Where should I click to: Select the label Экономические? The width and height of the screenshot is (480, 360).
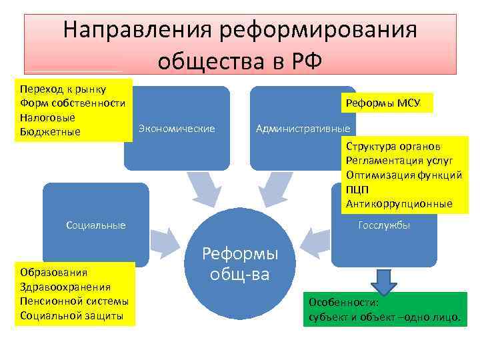[x=176, y=128]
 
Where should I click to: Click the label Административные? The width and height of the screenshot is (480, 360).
[x=303, y=128]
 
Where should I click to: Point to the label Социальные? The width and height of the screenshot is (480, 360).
[x=96, y=225]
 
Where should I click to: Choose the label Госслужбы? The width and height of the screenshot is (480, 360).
[x=384, y=225]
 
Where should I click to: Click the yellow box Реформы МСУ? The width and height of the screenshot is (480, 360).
[x=387, y=103]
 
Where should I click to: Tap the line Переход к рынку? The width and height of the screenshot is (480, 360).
[x=58, y=89]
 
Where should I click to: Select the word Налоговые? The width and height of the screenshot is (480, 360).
[x=47, y=117]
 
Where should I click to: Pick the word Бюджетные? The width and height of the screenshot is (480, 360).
[x=50, y=131]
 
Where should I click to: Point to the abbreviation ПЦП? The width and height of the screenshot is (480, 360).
[x=356, y=189]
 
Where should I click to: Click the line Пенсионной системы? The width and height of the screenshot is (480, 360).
[x=74, y=301]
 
